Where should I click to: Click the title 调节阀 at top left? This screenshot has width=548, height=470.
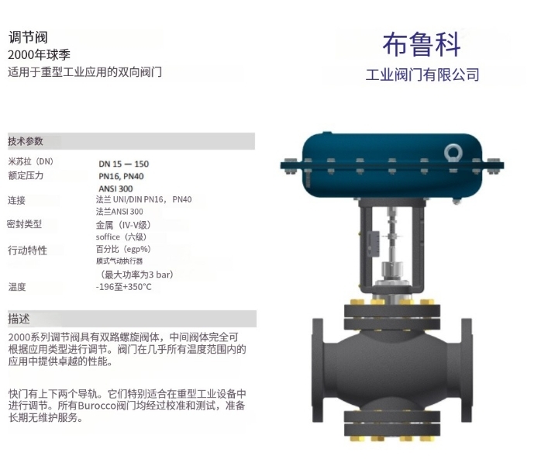(28, 37)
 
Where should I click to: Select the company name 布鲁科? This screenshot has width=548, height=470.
(422, 45)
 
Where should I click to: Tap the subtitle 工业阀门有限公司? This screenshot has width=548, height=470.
(422, 74)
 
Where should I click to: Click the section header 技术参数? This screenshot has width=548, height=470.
(26, 141)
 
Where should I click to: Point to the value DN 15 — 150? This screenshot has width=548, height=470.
(124, 164)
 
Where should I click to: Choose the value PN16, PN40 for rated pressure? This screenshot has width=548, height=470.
(121, 176)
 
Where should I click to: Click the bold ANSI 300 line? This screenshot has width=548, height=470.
(115, 188)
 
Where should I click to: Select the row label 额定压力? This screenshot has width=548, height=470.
(26, 175)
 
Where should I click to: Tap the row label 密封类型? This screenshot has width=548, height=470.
(25, 224)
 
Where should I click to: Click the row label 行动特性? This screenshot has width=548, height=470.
(27, 251)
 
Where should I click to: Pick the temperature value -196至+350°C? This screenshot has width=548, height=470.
(124, 287)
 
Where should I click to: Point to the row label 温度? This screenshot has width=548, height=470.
(17, 287)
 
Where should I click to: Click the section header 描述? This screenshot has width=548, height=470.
(19, 319)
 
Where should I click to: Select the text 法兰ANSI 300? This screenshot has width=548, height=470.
(119, 212)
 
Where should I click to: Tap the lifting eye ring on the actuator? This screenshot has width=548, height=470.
(453, 153)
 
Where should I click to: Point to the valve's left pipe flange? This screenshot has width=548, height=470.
(317, 371)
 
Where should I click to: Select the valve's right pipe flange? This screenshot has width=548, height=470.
(467, 371)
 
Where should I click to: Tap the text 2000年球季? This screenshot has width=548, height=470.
(39, 54)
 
